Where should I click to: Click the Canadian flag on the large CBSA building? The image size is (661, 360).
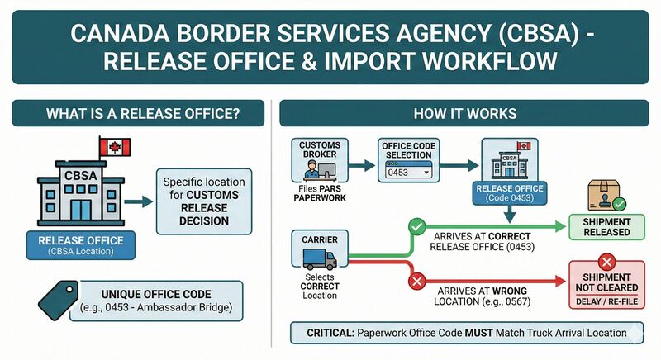[x=112, y=148]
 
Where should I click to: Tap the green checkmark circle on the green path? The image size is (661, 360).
[x=418, y=224]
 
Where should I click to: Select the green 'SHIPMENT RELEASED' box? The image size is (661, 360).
[x=606, y=226]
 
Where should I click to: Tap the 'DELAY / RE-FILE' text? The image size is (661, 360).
[x=606, y=303]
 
